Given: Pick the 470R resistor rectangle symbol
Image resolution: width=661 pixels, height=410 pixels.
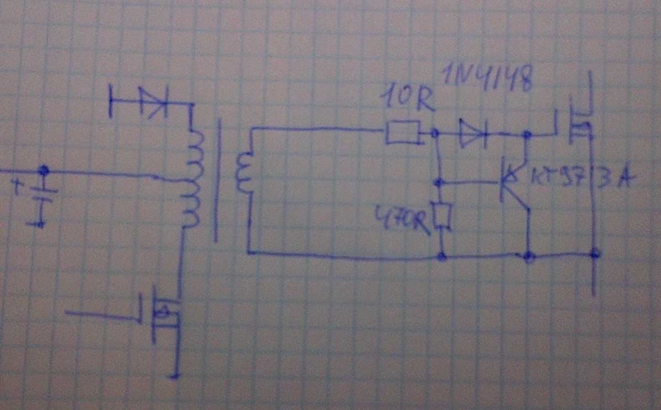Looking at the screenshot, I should tap(443, 217).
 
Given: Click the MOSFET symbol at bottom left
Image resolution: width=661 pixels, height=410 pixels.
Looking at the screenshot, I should tap(161, 313).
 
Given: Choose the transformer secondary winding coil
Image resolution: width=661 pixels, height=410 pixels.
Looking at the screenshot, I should tap(242, 173).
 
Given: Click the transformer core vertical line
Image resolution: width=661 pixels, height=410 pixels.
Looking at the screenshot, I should tap(216, 182).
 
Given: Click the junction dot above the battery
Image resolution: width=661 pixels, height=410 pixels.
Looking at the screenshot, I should tap(42, 171).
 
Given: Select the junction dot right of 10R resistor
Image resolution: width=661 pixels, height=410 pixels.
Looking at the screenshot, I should tap(435, 133).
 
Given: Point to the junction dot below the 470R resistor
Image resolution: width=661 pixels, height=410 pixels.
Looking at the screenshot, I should tap(441, 256).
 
